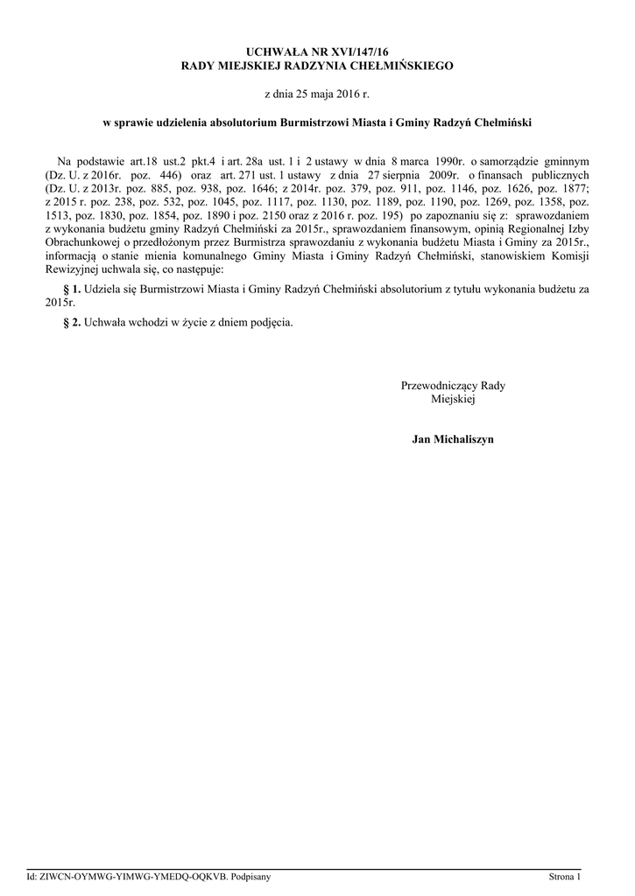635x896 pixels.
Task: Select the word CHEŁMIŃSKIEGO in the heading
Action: click(403, 66)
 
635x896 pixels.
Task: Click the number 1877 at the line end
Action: click(575, 186)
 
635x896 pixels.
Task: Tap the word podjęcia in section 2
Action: click(268, 321)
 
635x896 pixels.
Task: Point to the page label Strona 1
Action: click(564, 876)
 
